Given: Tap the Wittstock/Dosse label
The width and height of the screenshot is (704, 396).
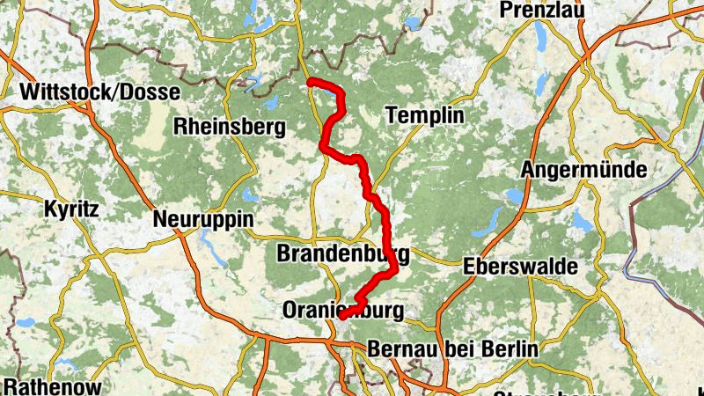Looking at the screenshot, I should (x=99, y=92).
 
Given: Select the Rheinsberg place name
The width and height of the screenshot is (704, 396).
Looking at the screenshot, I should (x=231, y=127).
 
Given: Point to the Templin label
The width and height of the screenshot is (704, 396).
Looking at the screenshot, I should (x=423, y=116).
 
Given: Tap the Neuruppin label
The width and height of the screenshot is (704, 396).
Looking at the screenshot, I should (x=202, y=218).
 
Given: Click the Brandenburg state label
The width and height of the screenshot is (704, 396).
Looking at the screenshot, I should (x=342, y=255).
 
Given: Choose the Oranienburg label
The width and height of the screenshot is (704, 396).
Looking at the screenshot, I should (x=342, y=310).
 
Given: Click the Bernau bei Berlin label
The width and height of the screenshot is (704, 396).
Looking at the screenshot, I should (x=451, y=348).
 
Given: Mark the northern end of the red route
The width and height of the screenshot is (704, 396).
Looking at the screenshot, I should (x=310, y=82).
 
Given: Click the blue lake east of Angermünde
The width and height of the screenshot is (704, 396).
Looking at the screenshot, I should (x=583, y=221).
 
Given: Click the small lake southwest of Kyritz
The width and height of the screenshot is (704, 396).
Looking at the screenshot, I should (x=24, y=322).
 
